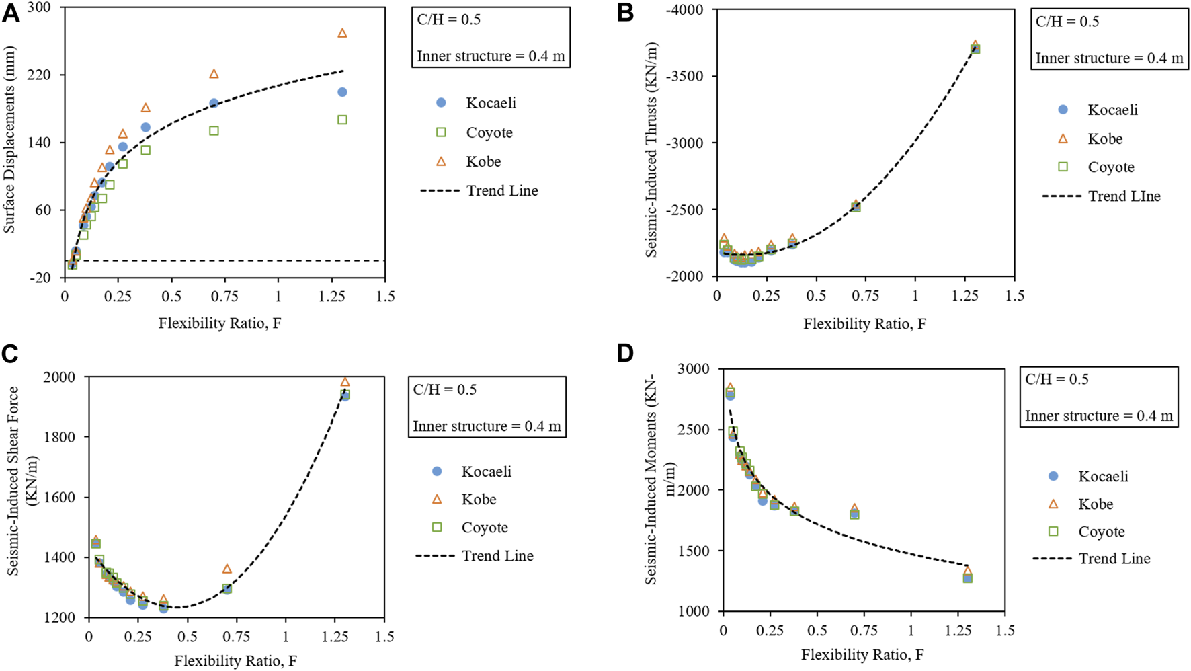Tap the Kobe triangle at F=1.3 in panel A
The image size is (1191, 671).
click(x=342, y=33)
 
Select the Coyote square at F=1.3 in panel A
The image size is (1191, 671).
click(x=342, y=120)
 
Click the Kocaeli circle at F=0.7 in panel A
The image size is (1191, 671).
click(x=214, y=103)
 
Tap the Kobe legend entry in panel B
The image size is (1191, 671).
click(x=1105, y=139)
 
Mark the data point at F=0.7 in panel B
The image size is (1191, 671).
click(x=856, y=206)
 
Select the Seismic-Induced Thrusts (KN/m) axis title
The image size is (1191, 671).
click(x=651, y=150)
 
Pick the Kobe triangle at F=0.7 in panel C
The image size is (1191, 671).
click(x=227, y=569)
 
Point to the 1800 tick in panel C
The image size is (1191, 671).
click(x=60, y=437)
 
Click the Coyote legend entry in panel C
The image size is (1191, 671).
click(x=485, y=528)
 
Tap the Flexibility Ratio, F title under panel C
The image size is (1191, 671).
click(x=235, y=661)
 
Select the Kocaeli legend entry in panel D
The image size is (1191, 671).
click(x=1103, y=477)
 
